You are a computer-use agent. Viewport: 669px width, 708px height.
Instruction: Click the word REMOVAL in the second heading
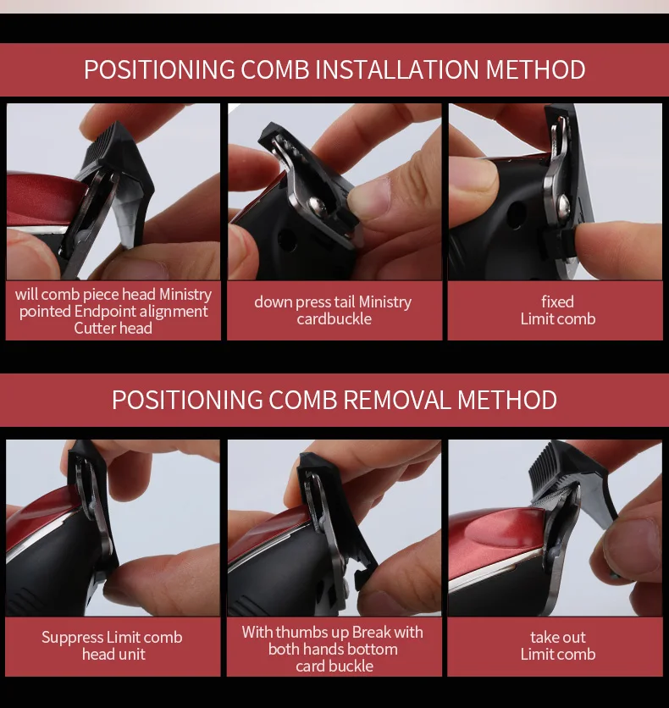pos(397,400)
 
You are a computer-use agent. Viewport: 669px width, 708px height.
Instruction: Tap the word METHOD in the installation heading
pos(536,70)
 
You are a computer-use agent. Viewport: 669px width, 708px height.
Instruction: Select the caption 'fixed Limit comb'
pos(558,310)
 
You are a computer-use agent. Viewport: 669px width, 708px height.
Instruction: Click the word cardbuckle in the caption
pos(334,318)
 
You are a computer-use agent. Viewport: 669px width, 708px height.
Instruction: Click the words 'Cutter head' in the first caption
pos(113,329)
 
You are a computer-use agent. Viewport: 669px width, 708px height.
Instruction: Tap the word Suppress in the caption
pos(73,638)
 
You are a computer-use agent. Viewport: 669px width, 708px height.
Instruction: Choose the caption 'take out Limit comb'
pos(558,645)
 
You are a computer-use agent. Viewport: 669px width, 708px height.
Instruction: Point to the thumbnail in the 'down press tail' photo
pos(368,195)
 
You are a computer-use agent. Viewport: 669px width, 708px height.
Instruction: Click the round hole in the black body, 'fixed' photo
pos(517,214)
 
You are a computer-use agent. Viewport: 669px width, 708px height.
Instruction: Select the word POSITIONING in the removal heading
pos(187,400)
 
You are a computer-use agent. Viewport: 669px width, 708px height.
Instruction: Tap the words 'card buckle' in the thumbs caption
pos(334,666)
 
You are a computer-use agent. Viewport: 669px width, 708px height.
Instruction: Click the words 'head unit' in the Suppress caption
pos(113,655)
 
